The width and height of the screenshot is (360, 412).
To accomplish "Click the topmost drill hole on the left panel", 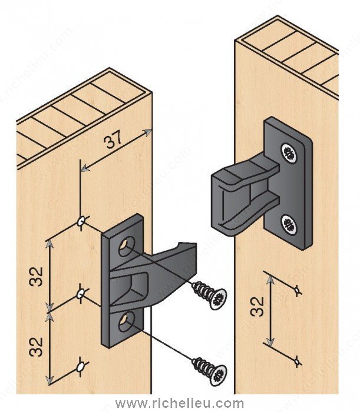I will tap(81, 221).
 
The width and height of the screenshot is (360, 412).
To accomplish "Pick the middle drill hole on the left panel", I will tap(81, 293).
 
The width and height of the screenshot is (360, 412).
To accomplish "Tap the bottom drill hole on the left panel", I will tap(79, 367).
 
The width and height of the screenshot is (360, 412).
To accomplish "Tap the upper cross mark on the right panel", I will tap(298, 290).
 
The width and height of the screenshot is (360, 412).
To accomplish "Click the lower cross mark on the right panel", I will tap(298, 358).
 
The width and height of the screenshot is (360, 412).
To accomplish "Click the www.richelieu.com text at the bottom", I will tap(180, 404).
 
